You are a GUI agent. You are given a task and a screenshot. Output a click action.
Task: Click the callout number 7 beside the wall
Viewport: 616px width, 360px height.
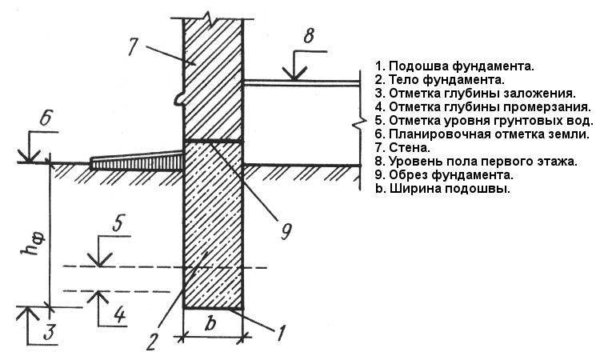[x=132, y=46]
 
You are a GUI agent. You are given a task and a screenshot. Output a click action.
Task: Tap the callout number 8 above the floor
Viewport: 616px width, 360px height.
[x=309, y=35]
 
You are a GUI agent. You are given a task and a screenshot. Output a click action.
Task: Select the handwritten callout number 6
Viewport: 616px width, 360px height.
[x=46, y=117]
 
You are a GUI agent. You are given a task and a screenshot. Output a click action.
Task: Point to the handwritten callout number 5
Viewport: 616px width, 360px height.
[x=118, y=223]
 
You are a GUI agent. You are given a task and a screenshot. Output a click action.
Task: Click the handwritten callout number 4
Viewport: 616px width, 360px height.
[x=119, y=314]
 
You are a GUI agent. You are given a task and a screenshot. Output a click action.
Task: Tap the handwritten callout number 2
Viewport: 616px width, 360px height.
[x=152, y=342]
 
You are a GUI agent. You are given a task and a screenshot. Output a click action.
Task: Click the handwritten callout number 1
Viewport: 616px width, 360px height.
[x=281, y=334]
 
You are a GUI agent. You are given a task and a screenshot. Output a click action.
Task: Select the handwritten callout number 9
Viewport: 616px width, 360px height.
[x=286, y=231]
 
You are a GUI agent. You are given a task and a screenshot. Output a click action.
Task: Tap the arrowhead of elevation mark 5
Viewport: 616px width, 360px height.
[x=100, y=260]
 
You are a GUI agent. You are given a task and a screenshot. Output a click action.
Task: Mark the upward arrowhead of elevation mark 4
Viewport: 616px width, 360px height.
[x=98, y=298]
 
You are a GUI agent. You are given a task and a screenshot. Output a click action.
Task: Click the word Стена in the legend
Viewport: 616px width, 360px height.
[x=408, y=148]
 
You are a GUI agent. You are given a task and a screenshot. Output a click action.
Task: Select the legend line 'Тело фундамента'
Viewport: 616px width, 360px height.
[x=439, y=80]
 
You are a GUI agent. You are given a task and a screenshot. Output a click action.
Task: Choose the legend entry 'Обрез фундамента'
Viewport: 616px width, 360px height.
[x=444, y=174]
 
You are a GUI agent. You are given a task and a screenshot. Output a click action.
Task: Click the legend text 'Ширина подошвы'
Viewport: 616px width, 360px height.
[x=442, y=189]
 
